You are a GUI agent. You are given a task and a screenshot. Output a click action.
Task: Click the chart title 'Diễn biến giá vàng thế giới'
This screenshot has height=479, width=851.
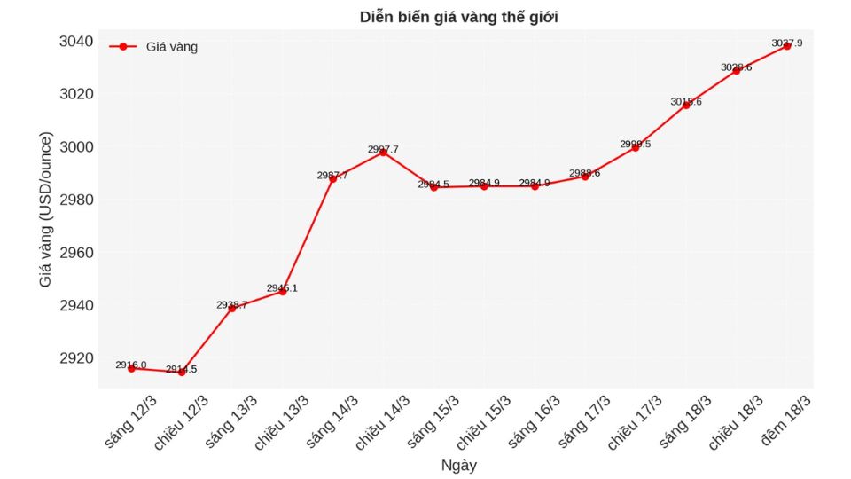[458, 17]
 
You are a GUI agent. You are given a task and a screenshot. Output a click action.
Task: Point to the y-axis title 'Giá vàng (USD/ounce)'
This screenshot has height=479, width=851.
[45, 209]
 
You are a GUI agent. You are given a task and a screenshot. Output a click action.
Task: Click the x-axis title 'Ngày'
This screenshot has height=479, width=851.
[458, 464]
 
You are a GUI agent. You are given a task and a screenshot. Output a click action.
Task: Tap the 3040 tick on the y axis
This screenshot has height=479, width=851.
[76, 42]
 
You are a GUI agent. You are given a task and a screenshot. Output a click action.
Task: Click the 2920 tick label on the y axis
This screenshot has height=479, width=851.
[76, 358]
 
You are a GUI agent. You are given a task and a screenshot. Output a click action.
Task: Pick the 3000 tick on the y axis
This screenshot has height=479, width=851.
[76, 147]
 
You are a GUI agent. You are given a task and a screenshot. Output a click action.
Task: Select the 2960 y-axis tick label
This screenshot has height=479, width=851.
[76, 253]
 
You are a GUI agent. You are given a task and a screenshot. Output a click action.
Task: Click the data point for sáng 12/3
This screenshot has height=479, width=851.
[131, 368]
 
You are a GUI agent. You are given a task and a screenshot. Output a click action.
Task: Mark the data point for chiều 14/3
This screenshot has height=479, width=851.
[383, 153]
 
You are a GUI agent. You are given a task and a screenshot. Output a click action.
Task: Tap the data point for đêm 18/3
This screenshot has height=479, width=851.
[786, 46]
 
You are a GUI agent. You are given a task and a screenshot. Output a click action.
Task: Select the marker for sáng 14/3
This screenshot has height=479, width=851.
[332, 178]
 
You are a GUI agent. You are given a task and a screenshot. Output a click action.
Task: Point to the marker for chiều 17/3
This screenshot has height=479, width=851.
[635, 147]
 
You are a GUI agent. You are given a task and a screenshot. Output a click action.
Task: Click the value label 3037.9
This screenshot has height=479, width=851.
[786, 43]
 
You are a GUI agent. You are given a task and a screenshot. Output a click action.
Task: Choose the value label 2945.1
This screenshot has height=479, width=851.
[282, 287]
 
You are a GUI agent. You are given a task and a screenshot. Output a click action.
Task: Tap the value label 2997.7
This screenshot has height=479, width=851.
[383, 149]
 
